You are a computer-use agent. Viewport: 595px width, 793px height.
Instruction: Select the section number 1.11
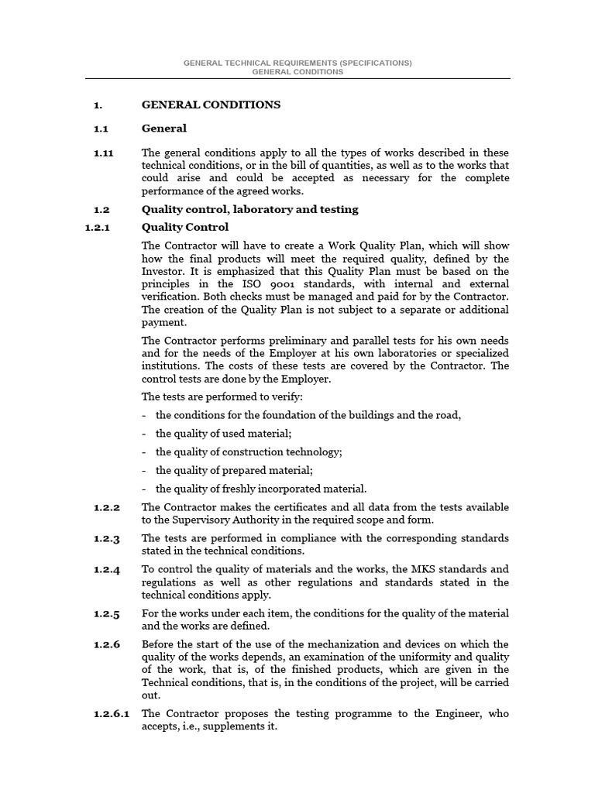coord(103,153)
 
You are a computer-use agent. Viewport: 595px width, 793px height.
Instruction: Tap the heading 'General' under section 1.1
coord(164,129)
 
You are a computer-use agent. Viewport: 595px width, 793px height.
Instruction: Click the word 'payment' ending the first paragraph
coord(164,322)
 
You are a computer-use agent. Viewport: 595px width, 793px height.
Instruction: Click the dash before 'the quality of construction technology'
coord(145,452)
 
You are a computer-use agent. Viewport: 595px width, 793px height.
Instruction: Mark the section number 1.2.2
coord(107,507)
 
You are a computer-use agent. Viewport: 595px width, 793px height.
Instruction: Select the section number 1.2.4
coord(107,570)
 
